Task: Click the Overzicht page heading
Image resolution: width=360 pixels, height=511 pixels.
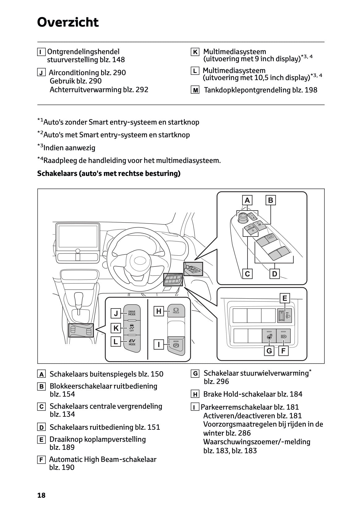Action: coord(68,22)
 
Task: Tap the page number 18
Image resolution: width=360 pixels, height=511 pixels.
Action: coord(41,495)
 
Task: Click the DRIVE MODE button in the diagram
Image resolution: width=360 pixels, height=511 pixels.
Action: coord(132,313)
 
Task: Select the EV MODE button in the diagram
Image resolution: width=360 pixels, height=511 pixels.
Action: coord(132,342)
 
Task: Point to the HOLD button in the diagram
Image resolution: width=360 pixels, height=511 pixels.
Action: coord(176,310)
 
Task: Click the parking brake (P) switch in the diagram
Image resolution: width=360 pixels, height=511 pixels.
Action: coord(176,345)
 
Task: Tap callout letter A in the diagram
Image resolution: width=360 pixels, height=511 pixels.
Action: coord(247,200)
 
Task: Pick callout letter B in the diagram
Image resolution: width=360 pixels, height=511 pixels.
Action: coord(271,200)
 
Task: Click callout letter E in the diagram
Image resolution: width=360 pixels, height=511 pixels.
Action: coord(285,298)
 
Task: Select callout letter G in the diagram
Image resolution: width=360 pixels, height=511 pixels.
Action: coord(269,351)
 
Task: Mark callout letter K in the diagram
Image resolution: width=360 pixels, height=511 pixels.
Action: coord(116,328)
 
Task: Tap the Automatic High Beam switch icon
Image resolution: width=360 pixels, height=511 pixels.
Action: coord(284,336)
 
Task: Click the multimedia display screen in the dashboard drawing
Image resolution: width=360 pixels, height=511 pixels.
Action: coord(78,237)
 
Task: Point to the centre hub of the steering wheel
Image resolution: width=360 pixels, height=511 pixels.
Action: coord(139,258)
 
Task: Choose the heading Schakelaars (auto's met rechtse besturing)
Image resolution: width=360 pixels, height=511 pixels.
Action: coord(109,173)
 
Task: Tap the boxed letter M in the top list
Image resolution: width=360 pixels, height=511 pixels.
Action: coord(195,90)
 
